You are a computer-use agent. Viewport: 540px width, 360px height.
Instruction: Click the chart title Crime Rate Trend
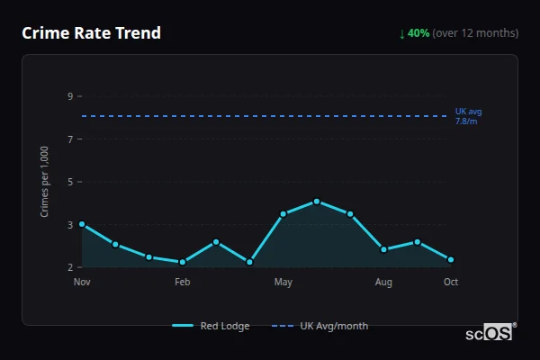(91, 33)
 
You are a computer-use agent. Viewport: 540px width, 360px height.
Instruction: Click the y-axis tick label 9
(69, 96)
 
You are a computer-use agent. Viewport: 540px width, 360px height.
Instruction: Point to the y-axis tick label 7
(69, 139)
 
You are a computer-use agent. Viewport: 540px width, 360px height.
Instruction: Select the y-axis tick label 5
(69, 182)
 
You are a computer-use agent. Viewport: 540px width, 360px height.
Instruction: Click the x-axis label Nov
(82, 283)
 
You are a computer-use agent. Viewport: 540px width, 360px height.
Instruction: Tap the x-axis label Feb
(183, 283)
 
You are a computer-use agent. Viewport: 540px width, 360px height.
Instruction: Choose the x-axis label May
(283, 283)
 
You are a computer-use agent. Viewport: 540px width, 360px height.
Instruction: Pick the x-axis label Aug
(383, 283)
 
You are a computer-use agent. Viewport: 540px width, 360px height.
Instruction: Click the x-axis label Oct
(451, 283)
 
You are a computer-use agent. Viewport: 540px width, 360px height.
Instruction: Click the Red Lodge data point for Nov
(82, 224)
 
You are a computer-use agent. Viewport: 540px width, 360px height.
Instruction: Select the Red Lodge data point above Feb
(183, 262)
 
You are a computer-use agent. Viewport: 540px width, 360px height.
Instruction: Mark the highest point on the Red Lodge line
(317, 202)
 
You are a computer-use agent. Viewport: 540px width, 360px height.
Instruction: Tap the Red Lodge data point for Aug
(383, 249)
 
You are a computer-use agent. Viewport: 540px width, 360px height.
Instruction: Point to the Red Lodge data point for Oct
(451, 260)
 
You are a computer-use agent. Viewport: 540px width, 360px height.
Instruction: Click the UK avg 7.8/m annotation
(468, 116)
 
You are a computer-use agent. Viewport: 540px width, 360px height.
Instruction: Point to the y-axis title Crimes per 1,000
(45, 182)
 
